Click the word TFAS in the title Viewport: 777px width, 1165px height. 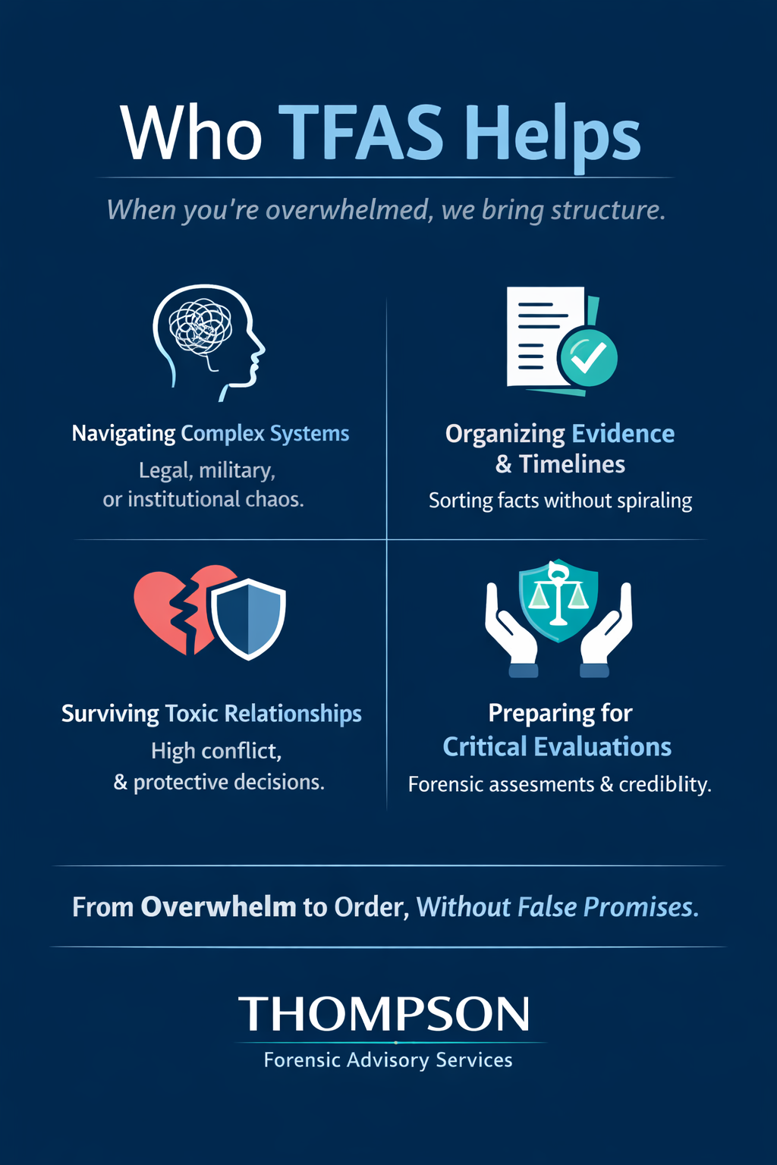(x=361, y=133)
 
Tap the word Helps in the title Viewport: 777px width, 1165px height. (x=552, y=133)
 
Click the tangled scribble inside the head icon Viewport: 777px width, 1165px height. (x=200, y=327)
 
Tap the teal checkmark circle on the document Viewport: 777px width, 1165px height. (x=588, y=356)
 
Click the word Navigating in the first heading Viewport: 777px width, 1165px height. (x=124, y=433)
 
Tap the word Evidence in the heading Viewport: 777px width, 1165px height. (x=623, y=433)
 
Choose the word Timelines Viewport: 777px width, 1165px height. (x=572, y=464)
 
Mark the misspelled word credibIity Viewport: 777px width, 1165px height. (x=665, y=784)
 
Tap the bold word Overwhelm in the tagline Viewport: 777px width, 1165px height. (x=219, y=907)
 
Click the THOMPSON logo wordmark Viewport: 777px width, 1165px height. (x=385, y=1014)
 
